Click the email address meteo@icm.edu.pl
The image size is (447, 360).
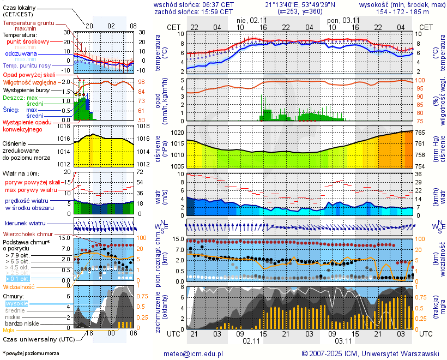(x=194, y=353)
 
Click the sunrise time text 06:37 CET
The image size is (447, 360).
(x=218, y=4)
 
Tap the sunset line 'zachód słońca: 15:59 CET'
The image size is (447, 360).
(x=194, y=11)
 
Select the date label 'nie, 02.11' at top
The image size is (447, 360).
(x=251, y=20)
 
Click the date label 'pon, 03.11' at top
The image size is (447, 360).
(x=343, y=20)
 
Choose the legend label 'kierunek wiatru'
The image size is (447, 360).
(x=25, y=224)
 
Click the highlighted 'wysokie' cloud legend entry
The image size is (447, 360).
(x=17, y=303)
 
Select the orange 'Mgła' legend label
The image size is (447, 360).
(x=9, y=330)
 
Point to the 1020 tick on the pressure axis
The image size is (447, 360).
(x=177, y=133)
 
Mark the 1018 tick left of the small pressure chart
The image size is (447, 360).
(x=64, y=127)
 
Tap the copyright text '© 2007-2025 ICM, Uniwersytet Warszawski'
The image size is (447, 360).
(x=371, y=353)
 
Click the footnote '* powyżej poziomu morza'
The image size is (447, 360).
(x=31, y=353)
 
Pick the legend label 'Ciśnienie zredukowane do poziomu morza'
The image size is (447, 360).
(x=26, y=150)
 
